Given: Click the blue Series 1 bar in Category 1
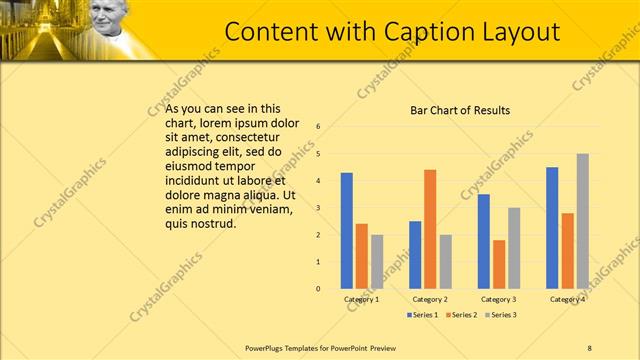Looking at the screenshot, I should pos(346,231).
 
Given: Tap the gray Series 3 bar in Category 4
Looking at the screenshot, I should pos(583,221).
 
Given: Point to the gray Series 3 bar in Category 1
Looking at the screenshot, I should pos(377,262).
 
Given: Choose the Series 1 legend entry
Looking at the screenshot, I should pos(424,315).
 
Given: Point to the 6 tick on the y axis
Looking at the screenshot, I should pos(317,127).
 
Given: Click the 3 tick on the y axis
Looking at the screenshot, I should pos(317,208).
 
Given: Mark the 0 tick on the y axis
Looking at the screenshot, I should pos(317,289).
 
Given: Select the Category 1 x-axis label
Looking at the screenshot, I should pos(361,299).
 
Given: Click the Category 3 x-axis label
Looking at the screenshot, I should pos(498,299).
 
